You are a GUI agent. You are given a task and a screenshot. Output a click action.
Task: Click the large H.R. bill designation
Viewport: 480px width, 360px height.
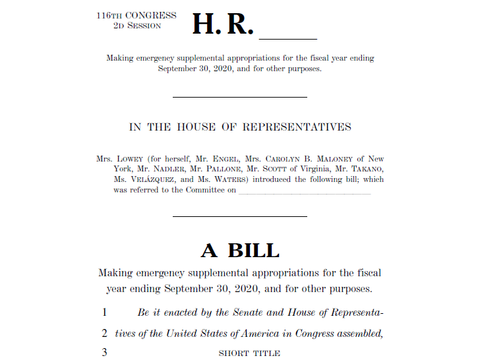click(222, 24)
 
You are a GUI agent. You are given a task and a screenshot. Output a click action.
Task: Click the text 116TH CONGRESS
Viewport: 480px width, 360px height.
click(136, 15)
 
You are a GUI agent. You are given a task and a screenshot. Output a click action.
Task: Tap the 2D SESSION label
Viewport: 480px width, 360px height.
click(136, 26)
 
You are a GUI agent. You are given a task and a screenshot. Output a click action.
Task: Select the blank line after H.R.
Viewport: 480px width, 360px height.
click(289, 38)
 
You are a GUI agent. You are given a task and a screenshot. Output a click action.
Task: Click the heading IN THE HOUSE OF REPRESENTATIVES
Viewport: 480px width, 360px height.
click(240, 127)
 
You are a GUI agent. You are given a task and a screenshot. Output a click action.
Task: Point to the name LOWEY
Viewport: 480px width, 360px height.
click(130, 159)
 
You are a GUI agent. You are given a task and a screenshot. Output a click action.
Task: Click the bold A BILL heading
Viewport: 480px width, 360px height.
click(240, 251)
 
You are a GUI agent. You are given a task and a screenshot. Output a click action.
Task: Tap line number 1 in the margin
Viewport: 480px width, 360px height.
click(104, 312)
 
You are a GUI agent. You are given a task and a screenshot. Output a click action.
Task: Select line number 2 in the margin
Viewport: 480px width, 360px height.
click(104, 333)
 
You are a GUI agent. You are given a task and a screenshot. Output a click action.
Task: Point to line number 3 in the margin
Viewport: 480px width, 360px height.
click(104, 353)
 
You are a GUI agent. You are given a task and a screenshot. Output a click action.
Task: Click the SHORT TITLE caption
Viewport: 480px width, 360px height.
click(249, 353)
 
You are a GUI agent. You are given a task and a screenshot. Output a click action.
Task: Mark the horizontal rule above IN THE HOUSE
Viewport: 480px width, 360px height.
click(240, 97)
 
